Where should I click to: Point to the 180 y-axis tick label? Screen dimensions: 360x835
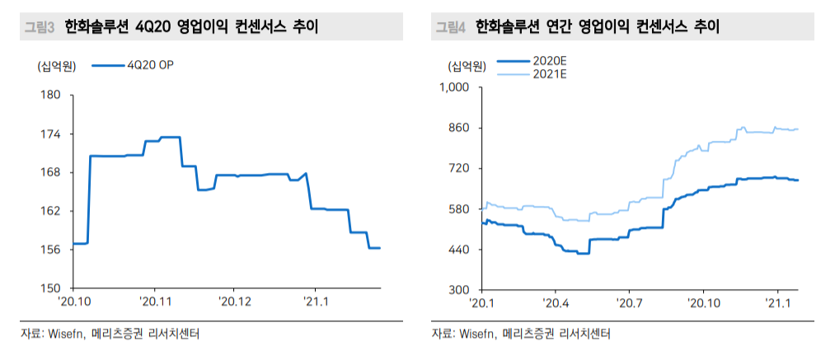(x=51, y=96)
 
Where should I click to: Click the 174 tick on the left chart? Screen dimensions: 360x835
(x=51, y=134)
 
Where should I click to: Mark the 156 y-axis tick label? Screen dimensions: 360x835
(x=51, y=250)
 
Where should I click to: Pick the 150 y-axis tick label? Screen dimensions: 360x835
(x=51, y=288)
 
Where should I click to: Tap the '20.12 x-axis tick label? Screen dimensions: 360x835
(x=234, y=302)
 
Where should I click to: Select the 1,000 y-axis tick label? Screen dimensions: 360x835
(x=453, y=87)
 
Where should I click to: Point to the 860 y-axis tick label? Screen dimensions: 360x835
(x=458, y=128)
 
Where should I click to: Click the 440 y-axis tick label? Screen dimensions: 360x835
(x=458, y=250)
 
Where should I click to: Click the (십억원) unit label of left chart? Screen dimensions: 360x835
(x=55, y=65)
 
